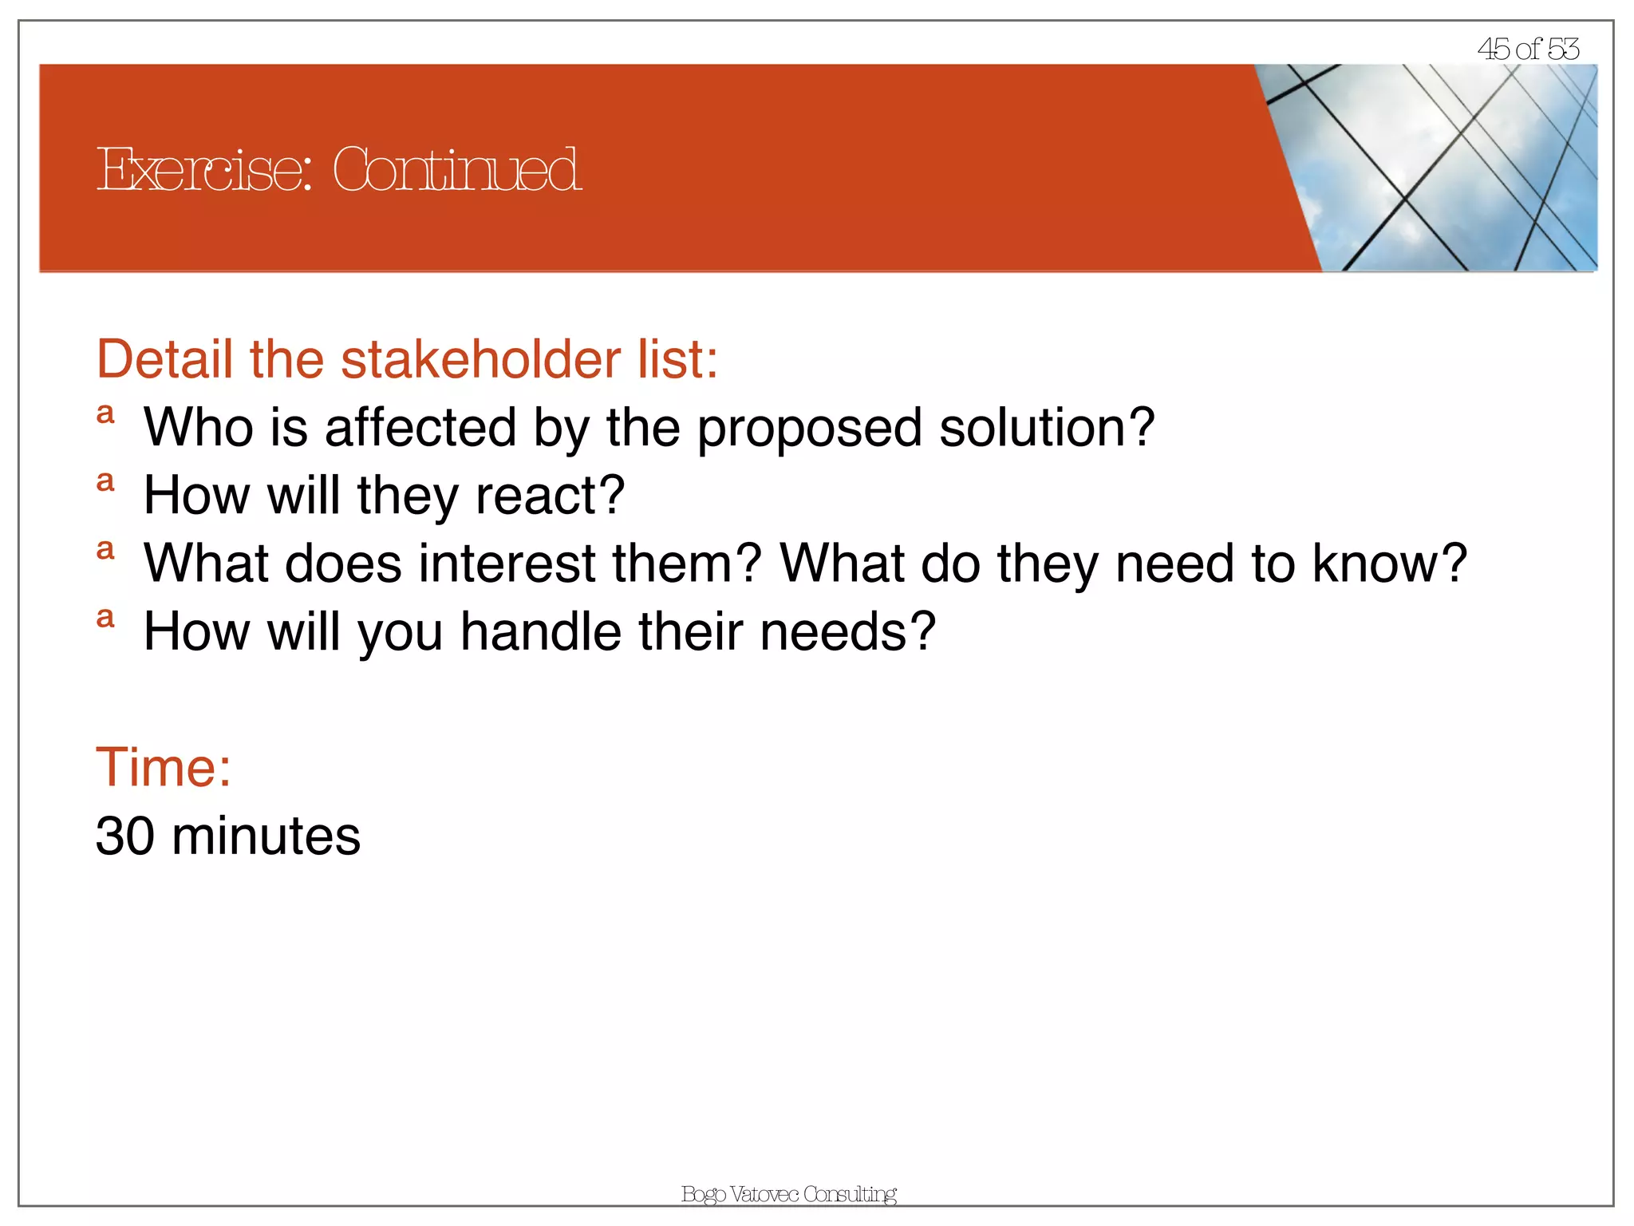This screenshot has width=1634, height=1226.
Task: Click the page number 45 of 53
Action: click(x=1527, y=49)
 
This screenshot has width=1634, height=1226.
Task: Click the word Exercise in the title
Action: click(x=203, y=170)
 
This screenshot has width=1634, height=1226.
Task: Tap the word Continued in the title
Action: click(x=456, y=170)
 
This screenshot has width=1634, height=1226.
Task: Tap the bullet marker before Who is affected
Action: click(x=105, y=413)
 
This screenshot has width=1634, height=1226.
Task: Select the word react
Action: click(x=550, y=496)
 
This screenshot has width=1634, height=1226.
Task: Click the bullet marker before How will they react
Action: click(x=105, y=481)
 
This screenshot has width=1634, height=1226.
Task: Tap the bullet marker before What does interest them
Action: click(x=105, y=549)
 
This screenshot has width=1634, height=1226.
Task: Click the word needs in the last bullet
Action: click(x=847, y=631)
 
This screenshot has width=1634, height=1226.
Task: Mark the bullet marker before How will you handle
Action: click(x=105, y=617)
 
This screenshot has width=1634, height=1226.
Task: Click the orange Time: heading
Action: click(x=164, y=767)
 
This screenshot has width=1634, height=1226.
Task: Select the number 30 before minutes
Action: click(x=124, y=836)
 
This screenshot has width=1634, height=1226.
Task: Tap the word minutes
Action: click(x=266, y=836)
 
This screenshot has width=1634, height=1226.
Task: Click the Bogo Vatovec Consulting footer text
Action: click(x=788, y=1194)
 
